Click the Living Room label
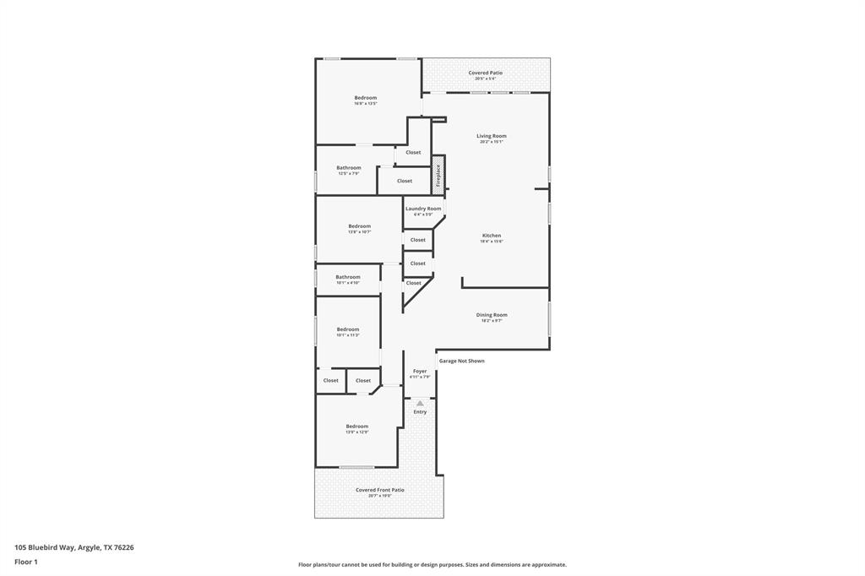point(491,136)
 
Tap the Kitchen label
point(492,236)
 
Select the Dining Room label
point(492,315)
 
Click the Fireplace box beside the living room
point(438,176)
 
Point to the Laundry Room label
point(422,209)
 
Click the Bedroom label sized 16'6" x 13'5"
point(366,98)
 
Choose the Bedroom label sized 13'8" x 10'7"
point(359,226)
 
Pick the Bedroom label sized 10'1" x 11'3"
point(348,329)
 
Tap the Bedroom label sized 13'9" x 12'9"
point(356,427)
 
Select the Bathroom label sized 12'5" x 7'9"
point(348,168)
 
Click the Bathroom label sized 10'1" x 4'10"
point(348,277)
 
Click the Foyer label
point(420,372)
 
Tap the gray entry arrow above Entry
point(420,403)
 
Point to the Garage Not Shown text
point(461,361)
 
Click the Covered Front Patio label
point(379,490)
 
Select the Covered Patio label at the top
point(486,73)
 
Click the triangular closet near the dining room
point(412,287)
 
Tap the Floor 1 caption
point(26,562)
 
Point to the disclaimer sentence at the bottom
point(432,564)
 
